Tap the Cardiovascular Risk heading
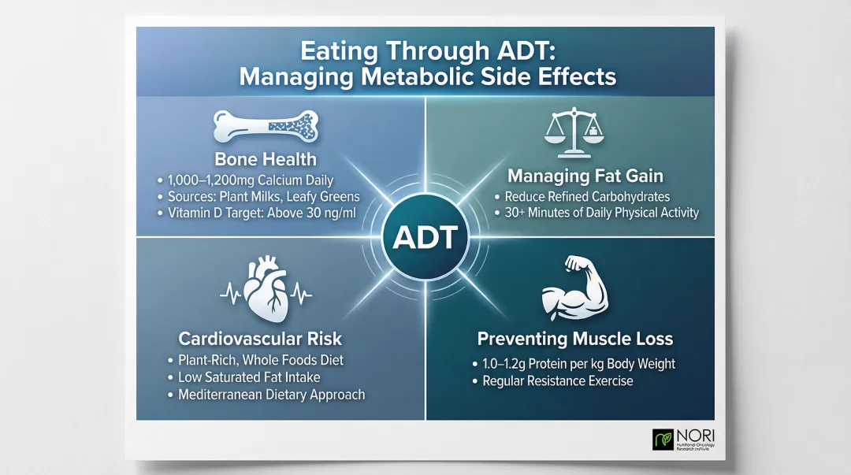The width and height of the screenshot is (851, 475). [260, 339]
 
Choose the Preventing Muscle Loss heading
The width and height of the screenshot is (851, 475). [575, 340]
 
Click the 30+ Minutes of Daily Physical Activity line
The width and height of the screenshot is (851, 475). [596, 213]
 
